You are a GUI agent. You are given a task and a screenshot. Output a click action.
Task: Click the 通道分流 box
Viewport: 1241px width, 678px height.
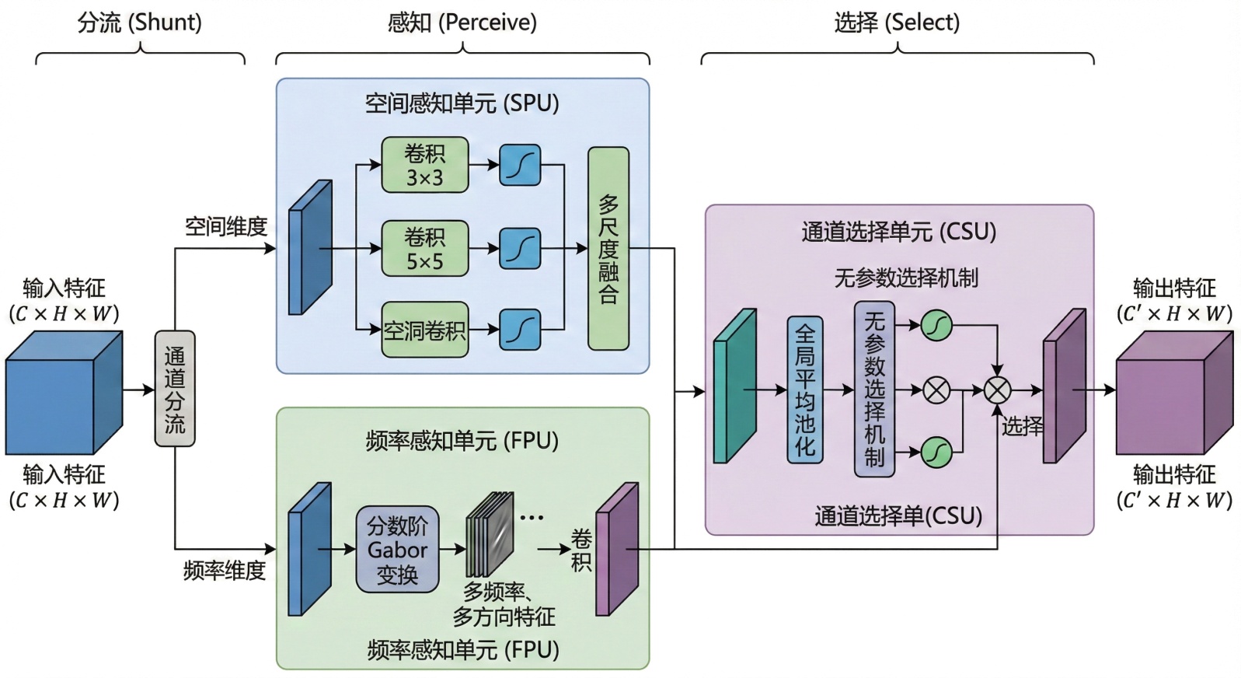pyautogui.click(x=174, y=389)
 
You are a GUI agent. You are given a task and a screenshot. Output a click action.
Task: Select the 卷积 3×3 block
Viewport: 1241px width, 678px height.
pyautogui.click(x=424, y=165)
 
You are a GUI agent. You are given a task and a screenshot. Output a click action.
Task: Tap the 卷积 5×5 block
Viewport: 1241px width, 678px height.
pyautogui.click(x=424, y=249)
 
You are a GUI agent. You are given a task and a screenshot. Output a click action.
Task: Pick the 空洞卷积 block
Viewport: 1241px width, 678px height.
pyautogui.click(x=424, y=330)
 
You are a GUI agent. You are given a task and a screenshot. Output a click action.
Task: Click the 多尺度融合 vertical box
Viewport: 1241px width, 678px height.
pyautogui.click(x=608, y=249)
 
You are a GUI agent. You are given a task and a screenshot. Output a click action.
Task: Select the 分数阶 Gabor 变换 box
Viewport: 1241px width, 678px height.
pyautogui.click(x=397, y=550)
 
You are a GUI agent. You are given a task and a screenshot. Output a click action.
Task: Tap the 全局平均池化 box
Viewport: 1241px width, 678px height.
pyautogui.click(x=804, y=390)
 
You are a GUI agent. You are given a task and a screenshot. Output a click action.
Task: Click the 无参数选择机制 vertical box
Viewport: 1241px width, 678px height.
pyautogui.click(x=874, y=390)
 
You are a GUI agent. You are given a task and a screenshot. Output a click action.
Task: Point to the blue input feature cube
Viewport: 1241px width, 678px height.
pyautogui.click(x=64, y=393)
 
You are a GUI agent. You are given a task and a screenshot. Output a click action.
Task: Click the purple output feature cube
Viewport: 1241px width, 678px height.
pyautogui.click(x=1173, y=393)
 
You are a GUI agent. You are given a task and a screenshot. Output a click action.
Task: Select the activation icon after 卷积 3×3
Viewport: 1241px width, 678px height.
pyautogui.click(x=520, y=165)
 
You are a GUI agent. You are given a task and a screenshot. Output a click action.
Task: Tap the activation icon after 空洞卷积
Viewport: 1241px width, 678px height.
pyautogui.click(x=520, y=330)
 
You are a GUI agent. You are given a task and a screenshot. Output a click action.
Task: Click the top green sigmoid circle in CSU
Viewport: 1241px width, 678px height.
pyautogui.click(x=936, y=325)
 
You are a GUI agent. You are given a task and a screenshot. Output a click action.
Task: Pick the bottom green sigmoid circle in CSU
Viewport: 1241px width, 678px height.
pyautogui.click(x=936, y=452)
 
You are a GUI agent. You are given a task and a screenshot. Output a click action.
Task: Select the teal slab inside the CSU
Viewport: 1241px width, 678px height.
pyautogui.click(x=734, y=386)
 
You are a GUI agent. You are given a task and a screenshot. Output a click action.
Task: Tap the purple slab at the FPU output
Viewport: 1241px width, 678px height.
pyautogui.click(x=617, y=549)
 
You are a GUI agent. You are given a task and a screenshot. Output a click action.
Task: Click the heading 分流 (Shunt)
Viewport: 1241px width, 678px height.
pyautogui.click(x=140, y=23)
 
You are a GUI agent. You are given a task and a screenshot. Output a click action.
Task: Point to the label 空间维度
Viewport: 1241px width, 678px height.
pyautogui.click(x=225, y=227)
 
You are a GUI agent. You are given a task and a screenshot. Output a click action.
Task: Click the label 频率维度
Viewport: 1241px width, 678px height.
pyautogui.click(x=224, y=571)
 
